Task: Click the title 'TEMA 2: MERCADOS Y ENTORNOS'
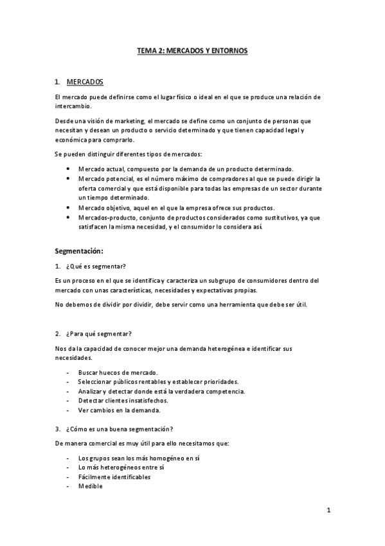(x=192, y=49)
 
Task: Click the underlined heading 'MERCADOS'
(x=84, y=82)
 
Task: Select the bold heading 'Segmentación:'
(x=80, y=250)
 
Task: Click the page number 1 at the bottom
(x=328, y=511)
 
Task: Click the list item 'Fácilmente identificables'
(x=114, y=477)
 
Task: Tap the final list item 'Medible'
(x=90, y=486)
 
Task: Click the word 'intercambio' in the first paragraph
(x=73, y=106)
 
